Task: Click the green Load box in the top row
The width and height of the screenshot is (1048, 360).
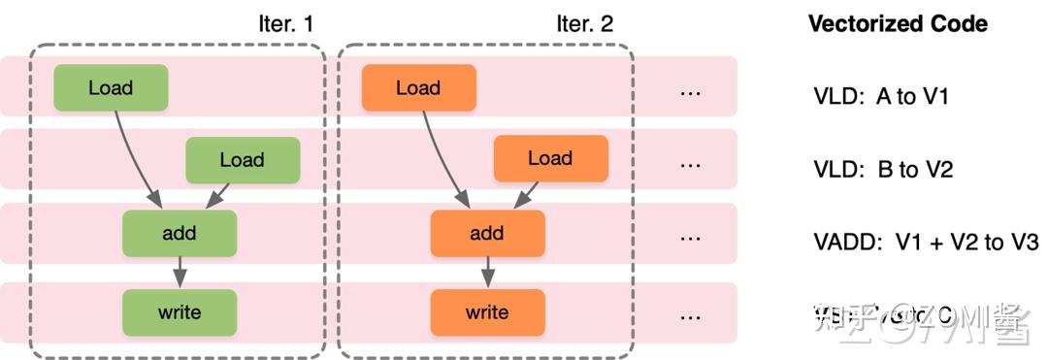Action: (111, 87)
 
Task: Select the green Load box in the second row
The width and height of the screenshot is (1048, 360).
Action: (242, 159)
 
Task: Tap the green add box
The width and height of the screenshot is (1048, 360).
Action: (180, 233)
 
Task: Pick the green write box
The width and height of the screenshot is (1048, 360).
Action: (180, 311)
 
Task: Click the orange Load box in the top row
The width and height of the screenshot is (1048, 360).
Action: (418, 87)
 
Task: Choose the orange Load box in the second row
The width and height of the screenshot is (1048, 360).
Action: (550, 158)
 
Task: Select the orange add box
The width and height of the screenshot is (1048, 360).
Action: (487, 233)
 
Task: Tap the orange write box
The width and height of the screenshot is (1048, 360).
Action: (487, 311)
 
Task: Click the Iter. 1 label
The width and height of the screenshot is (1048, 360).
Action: (285, 23)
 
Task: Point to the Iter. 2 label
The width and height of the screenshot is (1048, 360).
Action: (584, 23)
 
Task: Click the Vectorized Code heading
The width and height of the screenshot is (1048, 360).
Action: (898, 24)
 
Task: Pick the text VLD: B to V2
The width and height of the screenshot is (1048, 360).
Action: (883, 170)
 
